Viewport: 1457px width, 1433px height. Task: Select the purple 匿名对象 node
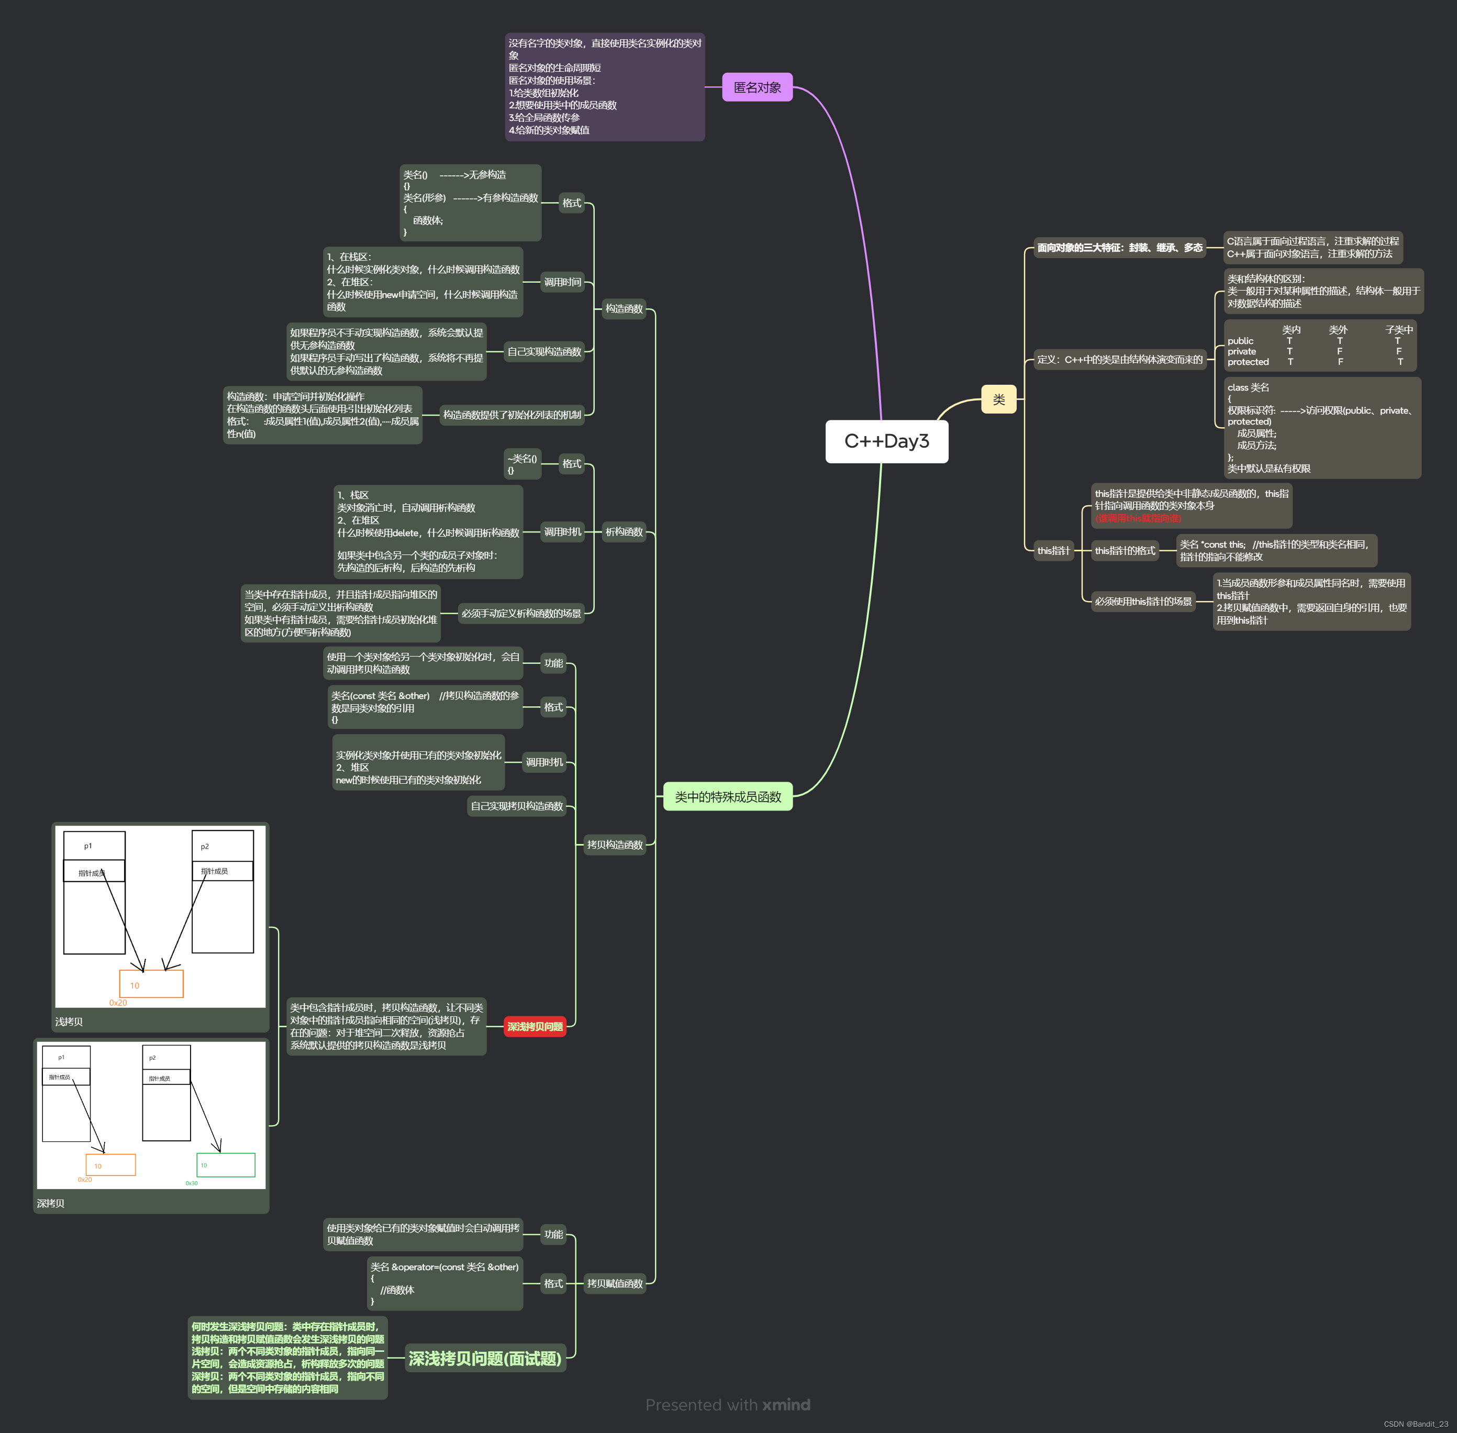click(x=757, y=87)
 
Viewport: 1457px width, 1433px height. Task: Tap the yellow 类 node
click(x=999, y=399)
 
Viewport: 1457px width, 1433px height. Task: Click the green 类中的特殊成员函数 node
click(x=728, y=796)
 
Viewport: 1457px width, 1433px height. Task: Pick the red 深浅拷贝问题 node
click(x=535, y=1027)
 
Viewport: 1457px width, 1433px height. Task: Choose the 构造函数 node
click(x=624, y=308)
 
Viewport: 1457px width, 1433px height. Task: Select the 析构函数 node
click(x=624, y=532)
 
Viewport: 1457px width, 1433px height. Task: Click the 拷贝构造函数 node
click(x=615, y=845)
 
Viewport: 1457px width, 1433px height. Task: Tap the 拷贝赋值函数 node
click(x=615, y=1283)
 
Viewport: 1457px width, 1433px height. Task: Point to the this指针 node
click(x=1053, y=550)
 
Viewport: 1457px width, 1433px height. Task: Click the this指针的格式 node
click(x=1125, y=550)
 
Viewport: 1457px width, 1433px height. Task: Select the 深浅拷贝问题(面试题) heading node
click(x=485, y=1359)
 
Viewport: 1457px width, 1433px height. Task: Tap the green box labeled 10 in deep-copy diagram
click(x=226, y=1164)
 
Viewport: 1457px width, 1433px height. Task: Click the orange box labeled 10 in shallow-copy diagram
click(x=151, y=984)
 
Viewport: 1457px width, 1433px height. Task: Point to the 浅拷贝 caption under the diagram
click(x=69, y=1021)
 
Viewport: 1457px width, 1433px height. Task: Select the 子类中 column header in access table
click(x=1398, y=330)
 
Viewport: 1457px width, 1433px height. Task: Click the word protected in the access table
click(x=1248, y=362)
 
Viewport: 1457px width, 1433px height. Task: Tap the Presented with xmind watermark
click(x=728, y=1404)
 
